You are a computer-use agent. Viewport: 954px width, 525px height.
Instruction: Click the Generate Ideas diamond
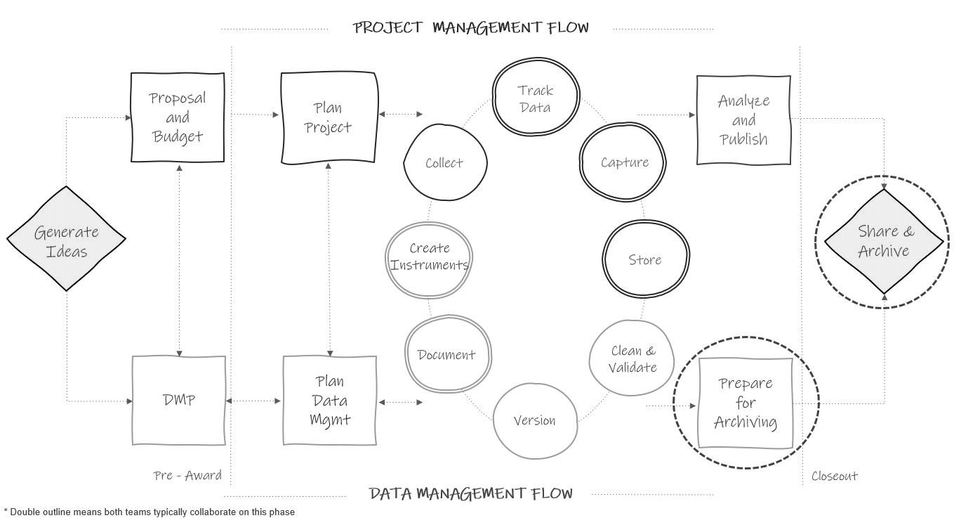(x=66, y=239)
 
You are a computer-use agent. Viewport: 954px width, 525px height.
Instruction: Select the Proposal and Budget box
(x=178, y=117)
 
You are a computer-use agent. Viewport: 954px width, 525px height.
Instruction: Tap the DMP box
(x=179, y=400)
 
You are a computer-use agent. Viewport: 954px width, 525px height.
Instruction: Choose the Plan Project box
(x=329, y=118)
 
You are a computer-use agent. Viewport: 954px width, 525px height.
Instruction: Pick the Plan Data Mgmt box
(x=329, y=401)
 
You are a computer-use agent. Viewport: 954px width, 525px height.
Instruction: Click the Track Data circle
(x=536, y=98)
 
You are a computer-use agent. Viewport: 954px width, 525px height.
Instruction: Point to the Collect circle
(x=445, y=163)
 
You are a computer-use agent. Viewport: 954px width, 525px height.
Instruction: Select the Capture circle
(x=623, y=162)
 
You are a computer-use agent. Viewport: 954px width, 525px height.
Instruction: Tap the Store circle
(x=645, y=260)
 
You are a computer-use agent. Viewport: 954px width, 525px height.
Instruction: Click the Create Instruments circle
(x=429, y=257)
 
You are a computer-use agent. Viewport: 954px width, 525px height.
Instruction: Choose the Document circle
(x=447, y=355)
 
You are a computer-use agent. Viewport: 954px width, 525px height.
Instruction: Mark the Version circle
(x=535, y=420)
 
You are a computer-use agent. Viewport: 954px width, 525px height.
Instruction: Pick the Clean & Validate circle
(x=632, y=359)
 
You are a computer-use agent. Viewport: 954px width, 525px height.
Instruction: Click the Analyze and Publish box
(x=743, y=120)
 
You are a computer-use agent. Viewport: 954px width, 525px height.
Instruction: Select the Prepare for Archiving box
(x=746, y=403)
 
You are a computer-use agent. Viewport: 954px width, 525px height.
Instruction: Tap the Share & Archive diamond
(x=884, y=241)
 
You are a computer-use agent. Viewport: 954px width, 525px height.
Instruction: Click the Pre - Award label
(x=187, y=476)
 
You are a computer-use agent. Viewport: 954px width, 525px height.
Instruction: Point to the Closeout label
(x=835, y=476)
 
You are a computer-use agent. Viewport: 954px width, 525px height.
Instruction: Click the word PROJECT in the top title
(x=387, y=27)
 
